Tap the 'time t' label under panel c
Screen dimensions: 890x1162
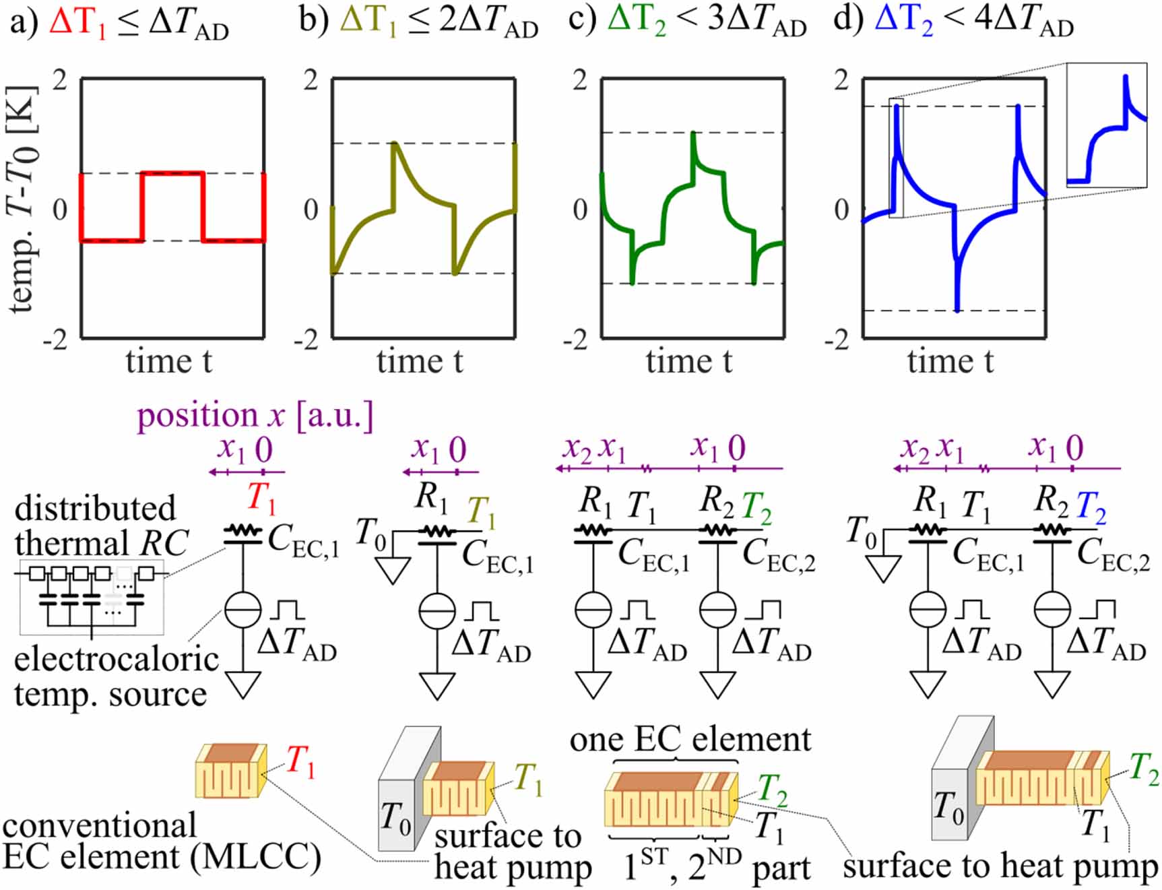click(x=688, y=361)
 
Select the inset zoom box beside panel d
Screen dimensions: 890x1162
click(x=1106, y=125)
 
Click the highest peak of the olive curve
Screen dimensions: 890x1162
click(x=395, y=144)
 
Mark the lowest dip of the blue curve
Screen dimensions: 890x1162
click(x=957, y=310)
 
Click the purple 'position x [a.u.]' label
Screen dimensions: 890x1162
click(x=255, y=415)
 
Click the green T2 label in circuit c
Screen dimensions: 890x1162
click(x=756, y=507)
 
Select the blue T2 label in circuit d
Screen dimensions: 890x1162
click(x=1091, y=507)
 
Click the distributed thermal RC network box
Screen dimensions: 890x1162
click(x=92, y=597)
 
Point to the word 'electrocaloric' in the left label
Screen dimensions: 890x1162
click(x=116, y=659)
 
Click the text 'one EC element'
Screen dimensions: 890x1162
click(x=690, y=740)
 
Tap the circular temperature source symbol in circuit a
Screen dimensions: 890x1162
click(x=243, y=610)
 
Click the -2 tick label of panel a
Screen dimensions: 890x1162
click(x=55, y=340)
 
